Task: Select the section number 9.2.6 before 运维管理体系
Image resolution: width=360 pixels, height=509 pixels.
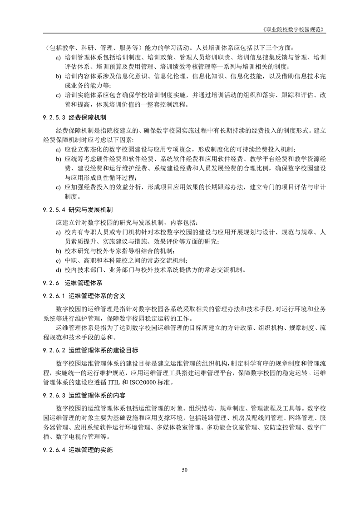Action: (x=51, y=283)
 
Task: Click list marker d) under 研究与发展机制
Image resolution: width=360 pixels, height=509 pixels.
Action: (x=58, y=270)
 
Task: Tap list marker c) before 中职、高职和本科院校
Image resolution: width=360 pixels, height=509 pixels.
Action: (x=58, y=260)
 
